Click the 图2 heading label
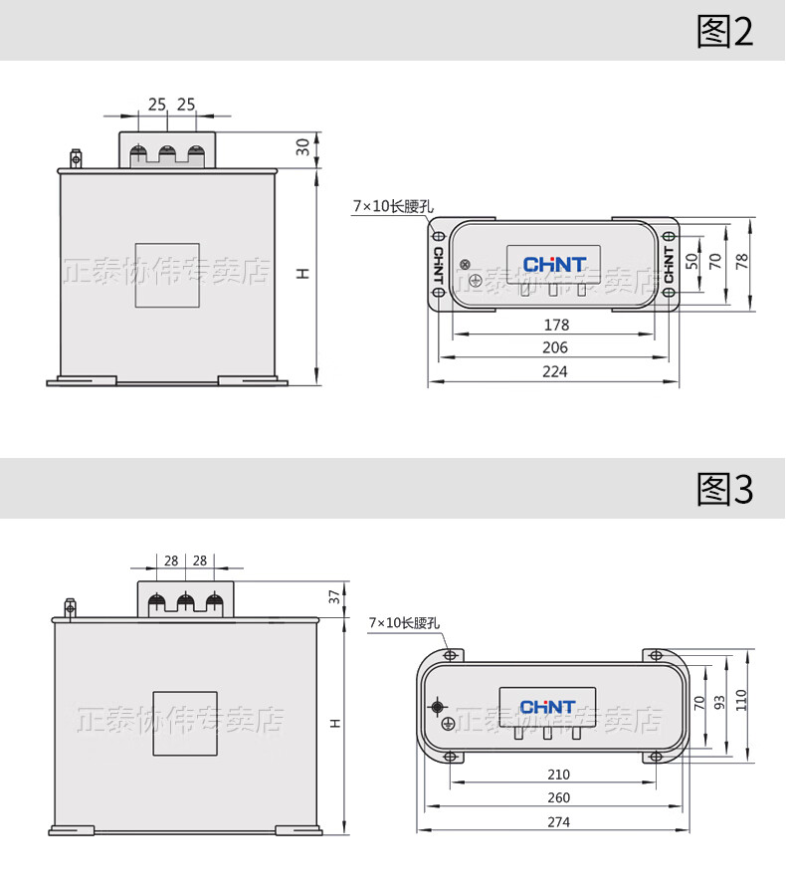point(725,31)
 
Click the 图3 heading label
point(725,489)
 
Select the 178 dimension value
point(556,325)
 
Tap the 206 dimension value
point(555,347)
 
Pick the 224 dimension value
point(555,371)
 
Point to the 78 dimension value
point(741,262)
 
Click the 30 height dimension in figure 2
point(302,147)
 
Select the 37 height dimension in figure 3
point(334,597)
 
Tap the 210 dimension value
point(558,775)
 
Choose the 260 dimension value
point(558,797)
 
